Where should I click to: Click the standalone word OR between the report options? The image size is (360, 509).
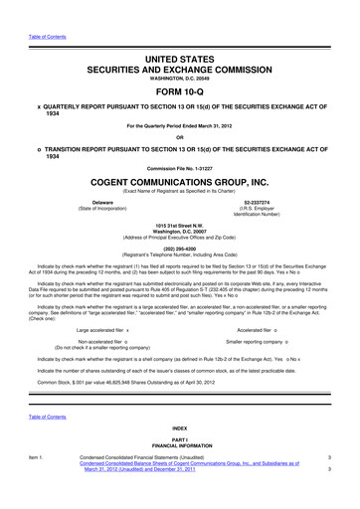pyautogui.click(x=180, y=137)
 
